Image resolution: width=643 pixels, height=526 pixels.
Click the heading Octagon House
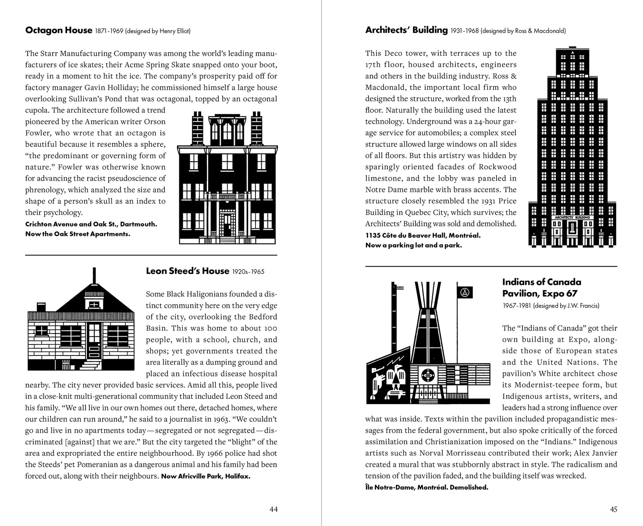pos(58,30)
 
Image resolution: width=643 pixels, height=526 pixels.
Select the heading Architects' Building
pos(406,30)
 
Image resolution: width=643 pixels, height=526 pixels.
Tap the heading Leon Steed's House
pos(187,271)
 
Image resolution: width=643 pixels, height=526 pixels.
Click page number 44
pos(273,509)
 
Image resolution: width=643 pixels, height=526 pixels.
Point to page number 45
pos(613,509)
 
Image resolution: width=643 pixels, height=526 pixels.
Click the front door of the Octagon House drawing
pos(227,224)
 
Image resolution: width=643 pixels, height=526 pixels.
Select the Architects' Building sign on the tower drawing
pos(572,217)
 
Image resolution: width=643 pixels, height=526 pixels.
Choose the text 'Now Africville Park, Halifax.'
pos(206,476)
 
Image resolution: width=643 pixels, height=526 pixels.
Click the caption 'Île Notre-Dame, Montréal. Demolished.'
pos(426,487)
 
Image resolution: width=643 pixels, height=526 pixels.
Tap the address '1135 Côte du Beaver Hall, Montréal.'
pos(423,235)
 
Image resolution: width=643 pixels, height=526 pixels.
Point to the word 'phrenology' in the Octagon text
pos(46,190)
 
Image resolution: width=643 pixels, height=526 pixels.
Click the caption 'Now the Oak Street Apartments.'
pos(78,234)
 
